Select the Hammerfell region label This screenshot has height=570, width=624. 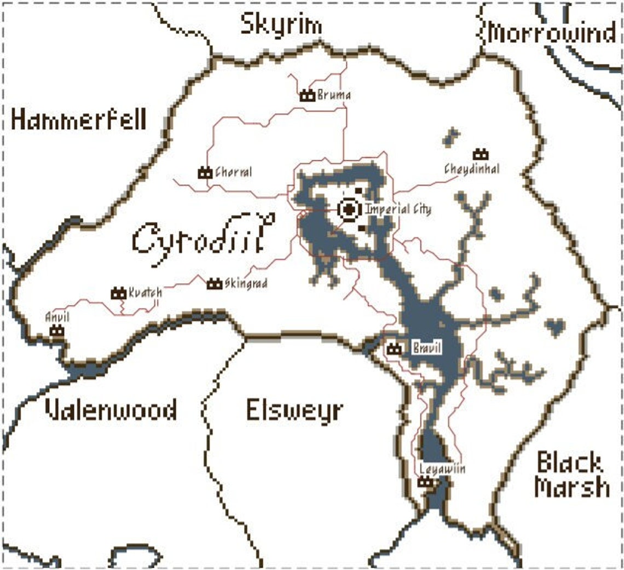click(79, 120)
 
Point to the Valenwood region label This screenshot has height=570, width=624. click(111, 410)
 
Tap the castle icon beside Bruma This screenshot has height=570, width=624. click(308, 96)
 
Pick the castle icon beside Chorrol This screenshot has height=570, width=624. click(205, 172)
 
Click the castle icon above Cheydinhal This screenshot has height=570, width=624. click(481, 154)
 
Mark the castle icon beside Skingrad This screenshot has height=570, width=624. click(214, 283)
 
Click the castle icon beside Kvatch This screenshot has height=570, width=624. click(118, 293)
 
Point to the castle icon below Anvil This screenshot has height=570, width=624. click(56, 330)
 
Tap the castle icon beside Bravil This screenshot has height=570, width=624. click(393, 348)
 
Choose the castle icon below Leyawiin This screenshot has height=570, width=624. click(425, 482)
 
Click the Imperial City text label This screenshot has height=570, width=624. click(398, 209)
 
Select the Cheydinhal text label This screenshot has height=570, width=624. click(472, 168)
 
